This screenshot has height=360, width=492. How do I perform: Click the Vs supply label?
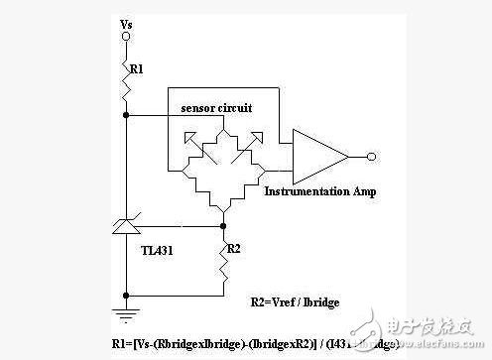click(x=125, y=21)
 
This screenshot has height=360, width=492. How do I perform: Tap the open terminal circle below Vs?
click(x=125, y=37)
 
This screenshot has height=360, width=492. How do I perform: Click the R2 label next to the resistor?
click(x=234, y=248)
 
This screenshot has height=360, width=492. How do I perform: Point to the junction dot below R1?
click(x=125, y=115)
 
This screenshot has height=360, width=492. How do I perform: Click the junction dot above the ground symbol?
click(x=125, y=296)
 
